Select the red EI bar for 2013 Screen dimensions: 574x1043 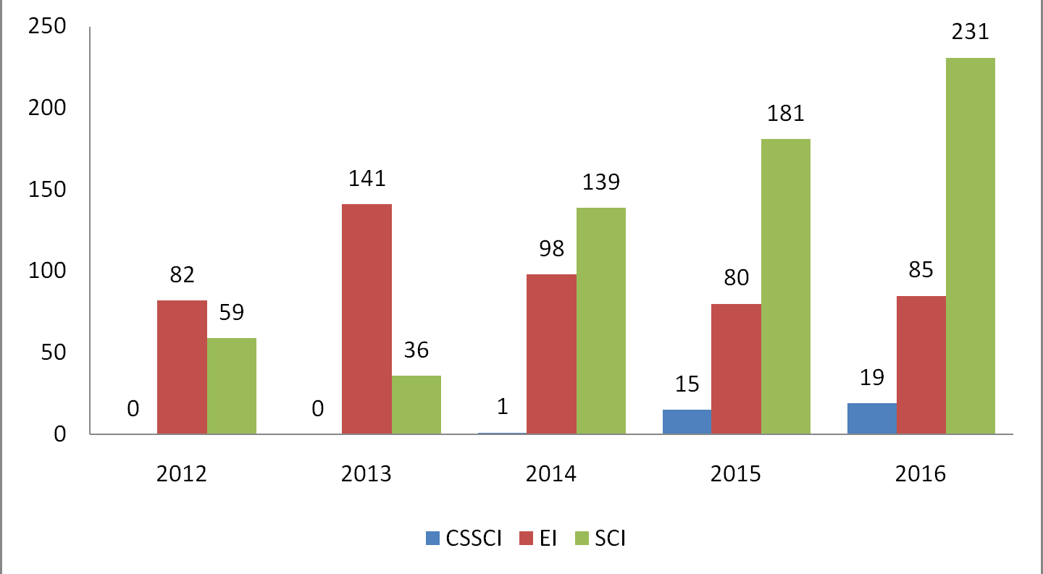pos(366,319)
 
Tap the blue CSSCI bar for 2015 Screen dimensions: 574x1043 pos(687,422)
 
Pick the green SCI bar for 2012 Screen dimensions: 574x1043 pos(231,386)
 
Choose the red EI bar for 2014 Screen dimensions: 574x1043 pos(551,354)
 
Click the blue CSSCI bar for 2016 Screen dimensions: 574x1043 pos(871,418)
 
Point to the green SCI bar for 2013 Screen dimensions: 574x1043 pos(416,405)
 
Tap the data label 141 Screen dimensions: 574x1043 pos(366,179)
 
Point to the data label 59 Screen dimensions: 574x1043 pos(231,312)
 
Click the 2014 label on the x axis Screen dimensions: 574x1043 pos(551,475)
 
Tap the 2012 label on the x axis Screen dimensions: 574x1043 pos(182,475)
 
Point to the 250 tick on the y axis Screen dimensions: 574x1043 pos(46,27)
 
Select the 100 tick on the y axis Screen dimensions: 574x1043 pos(46,271)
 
